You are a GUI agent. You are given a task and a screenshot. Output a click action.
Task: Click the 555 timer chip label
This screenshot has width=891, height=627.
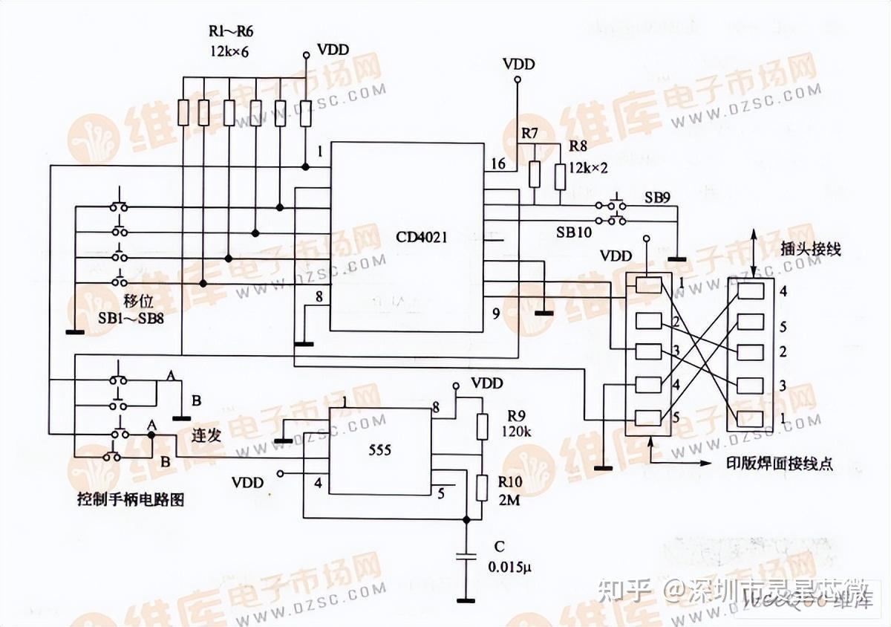[379, 450]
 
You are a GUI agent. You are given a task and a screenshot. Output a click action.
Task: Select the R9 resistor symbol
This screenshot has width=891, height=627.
[482, 426]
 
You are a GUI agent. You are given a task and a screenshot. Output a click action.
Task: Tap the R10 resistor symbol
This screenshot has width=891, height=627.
[482, 488]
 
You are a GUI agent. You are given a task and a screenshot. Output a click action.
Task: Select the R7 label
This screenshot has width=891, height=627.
[529, 134]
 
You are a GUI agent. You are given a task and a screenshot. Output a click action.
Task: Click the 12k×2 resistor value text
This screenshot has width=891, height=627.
[588, 168]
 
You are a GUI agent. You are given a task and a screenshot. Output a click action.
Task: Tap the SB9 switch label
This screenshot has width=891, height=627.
[658, 199]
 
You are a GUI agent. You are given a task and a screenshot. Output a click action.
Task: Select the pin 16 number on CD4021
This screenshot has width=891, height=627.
[497, 164]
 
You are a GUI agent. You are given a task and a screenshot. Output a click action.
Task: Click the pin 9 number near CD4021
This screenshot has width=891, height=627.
[496, 313]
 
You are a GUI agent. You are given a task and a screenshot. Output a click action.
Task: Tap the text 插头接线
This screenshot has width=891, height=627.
[812, 250]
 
